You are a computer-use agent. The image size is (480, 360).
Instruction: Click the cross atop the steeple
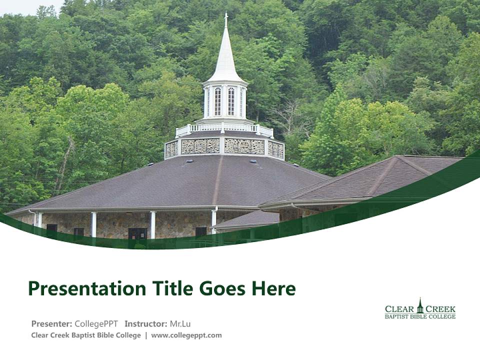pos(226,19)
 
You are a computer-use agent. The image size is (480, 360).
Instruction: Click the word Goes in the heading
pos(219,288)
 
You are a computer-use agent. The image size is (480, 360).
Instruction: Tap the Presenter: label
pos(51,323)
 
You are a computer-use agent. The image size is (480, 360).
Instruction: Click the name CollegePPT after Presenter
pos(96,323)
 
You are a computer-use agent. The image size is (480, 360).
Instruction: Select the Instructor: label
pos(145,323)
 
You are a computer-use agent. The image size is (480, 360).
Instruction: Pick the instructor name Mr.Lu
pos(180,323)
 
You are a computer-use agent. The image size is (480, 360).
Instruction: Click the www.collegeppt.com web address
pos(186,335)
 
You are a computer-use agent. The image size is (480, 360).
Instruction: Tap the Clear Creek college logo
pos(420,309)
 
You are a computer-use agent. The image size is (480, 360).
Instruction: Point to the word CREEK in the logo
pos(440,309)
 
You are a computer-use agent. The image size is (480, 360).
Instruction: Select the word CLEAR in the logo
pos(399,309)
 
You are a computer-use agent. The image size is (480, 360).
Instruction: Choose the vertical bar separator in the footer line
pos(146,335)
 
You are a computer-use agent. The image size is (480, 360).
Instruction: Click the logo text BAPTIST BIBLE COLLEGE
pos(420,316)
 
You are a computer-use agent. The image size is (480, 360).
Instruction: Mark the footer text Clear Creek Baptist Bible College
pos(86,335)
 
